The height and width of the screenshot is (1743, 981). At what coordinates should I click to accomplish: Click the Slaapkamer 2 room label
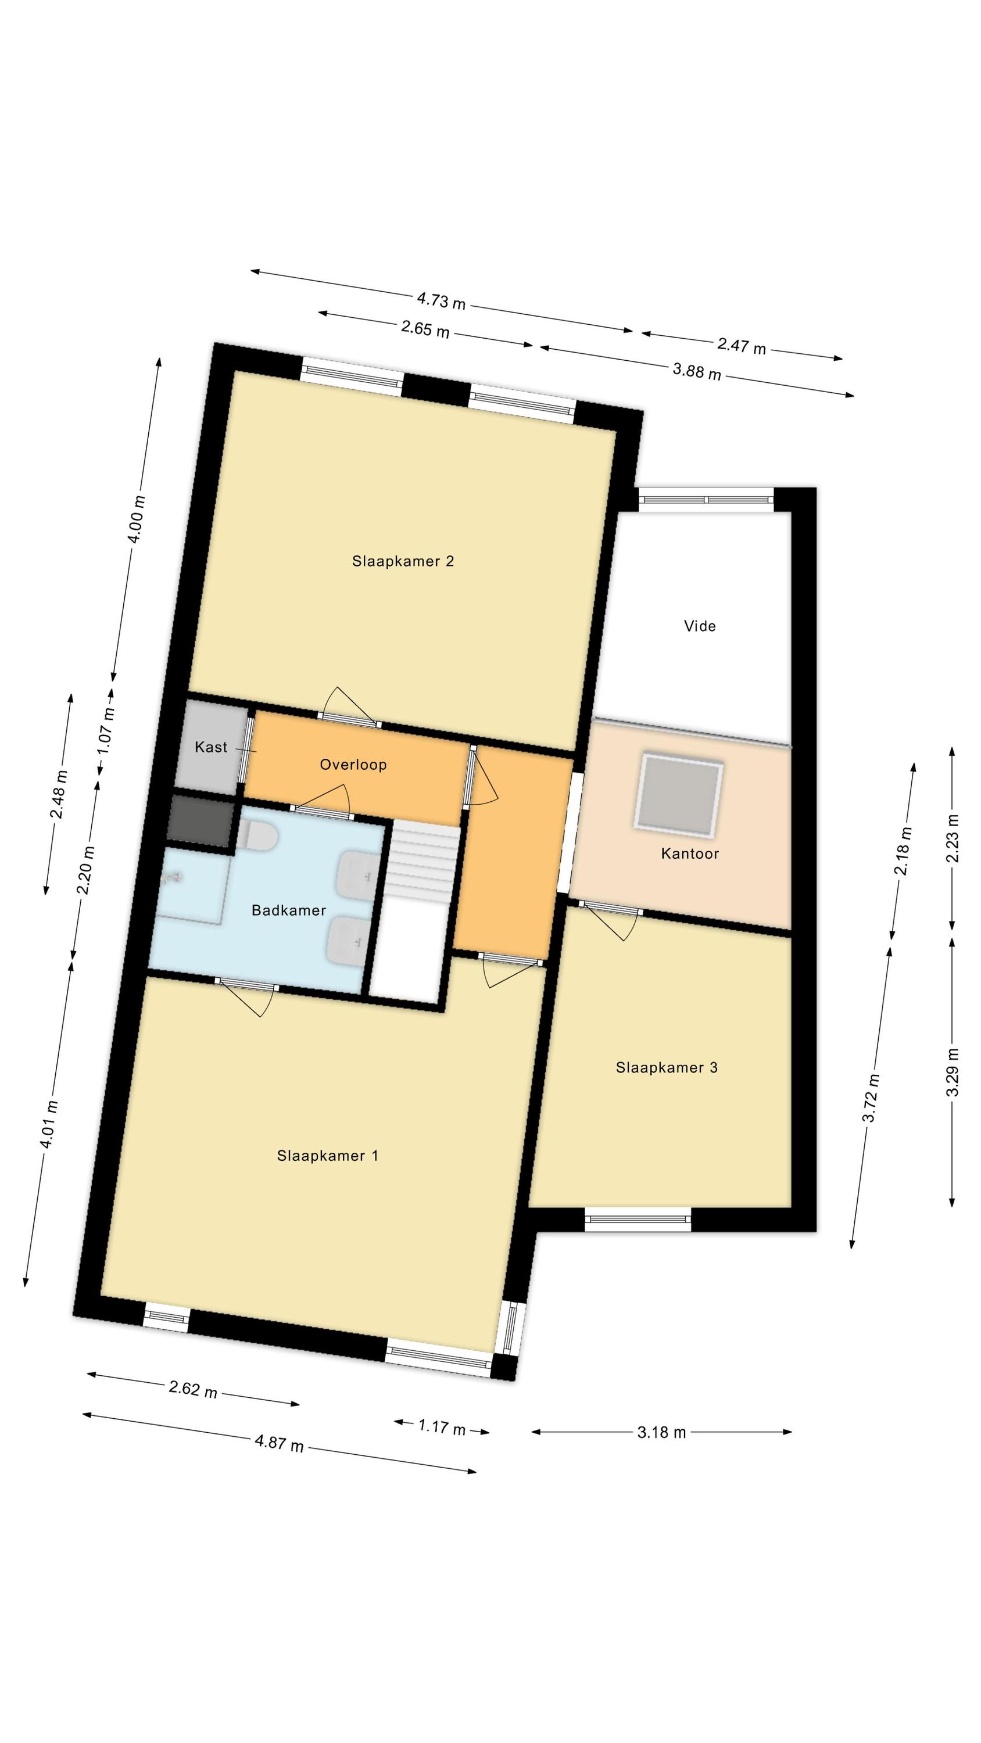tap(403, 561)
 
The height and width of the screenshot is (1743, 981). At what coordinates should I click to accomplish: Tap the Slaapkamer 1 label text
tap(328, 1156)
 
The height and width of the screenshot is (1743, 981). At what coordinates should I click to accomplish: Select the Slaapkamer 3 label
tap(666, 1068)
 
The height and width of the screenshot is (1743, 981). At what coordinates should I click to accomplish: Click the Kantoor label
tap(690, 853)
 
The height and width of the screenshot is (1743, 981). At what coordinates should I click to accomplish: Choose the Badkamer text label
tap(289, 910)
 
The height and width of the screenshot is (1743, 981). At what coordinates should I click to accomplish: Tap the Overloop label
tap(353, 765)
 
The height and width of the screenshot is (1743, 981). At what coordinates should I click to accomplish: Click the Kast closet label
tap(211, 747)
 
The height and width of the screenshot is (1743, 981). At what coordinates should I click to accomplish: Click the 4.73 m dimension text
tap(442, 300)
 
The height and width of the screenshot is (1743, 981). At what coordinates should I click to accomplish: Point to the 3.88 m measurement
tap(697, 371)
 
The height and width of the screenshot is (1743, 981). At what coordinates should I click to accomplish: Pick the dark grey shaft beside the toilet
tap(201, 819)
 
